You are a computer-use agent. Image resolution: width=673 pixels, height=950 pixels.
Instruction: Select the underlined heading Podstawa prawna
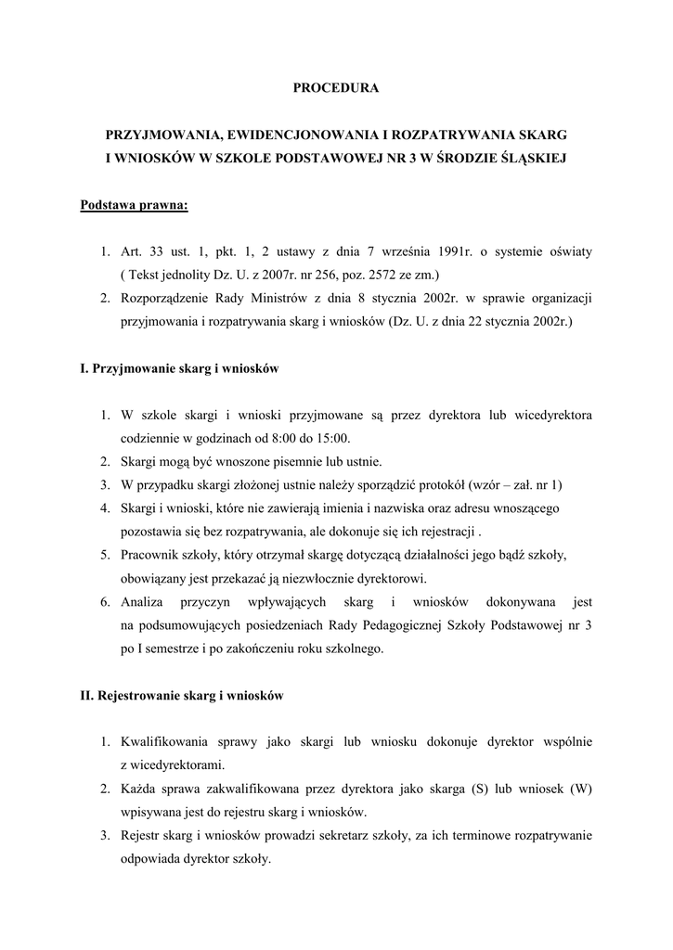pos(135,205)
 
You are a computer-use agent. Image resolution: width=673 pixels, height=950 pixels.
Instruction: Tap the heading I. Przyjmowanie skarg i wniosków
pos(180,368)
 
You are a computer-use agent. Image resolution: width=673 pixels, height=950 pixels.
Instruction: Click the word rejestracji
pos(442,533)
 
